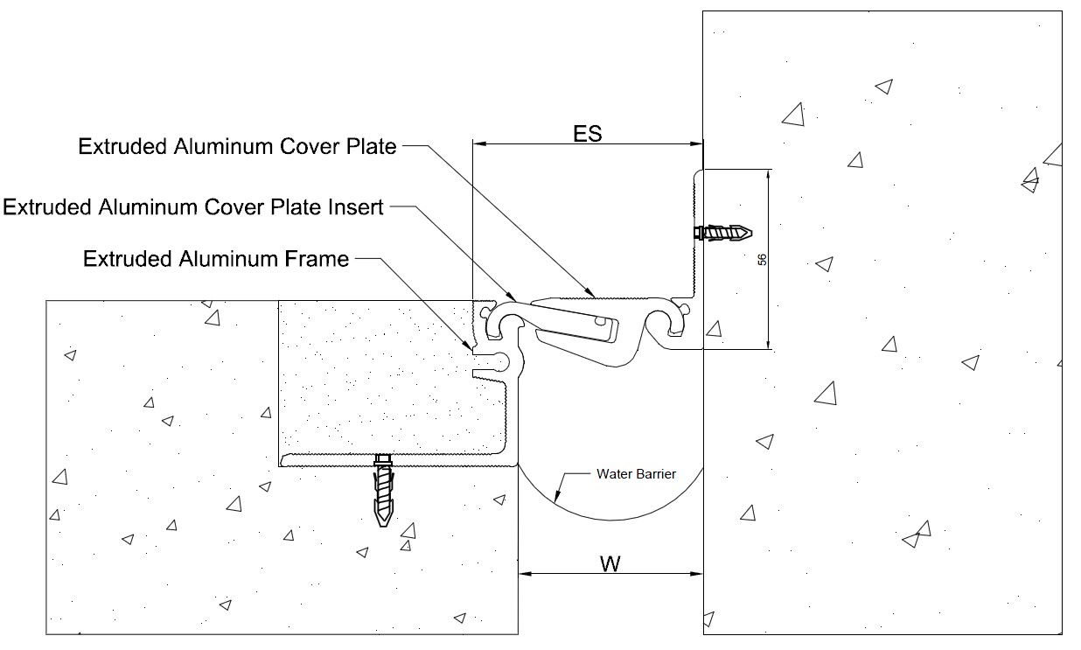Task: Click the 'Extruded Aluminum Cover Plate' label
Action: (x=237, y=146)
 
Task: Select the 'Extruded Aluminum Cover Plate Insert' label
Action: (x=193, y=207)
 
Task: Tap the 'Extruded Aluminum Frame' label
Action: (x=216, y=259)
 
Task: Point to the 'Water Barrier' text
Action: (x=636, y=474)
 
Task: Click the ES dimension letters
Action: (x=588, y=133)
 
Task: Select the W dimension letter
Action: (x=610, y=563)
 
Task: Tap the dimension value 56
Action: (x=762, y=260)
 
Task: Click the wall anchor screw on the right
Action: (x=723, y=233)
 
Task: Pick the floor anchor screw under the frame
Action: (x=383, y=490)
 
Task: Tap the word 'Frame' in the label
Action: (x=317, y=259)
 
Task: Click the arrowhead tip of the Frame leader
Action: (x=472, y=350)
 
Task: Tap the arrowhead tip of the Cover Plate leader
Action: (x=595, y=297)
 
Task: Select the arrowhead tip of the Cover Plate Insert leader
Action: (x=515, y=300)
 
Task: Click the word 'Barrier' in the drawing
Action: (x=656, y=474)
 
